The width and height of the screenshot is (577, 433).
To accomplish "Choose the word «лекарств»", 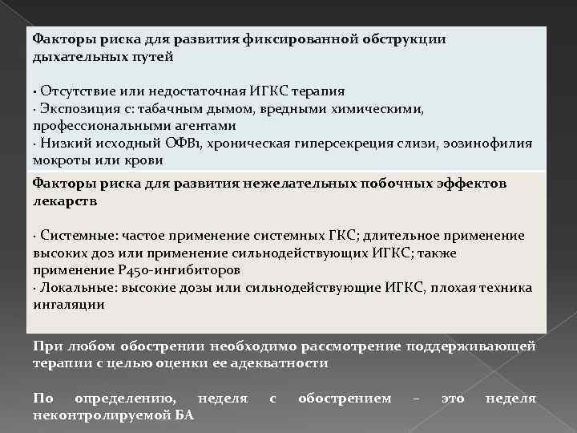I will (x=65, y=201).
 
